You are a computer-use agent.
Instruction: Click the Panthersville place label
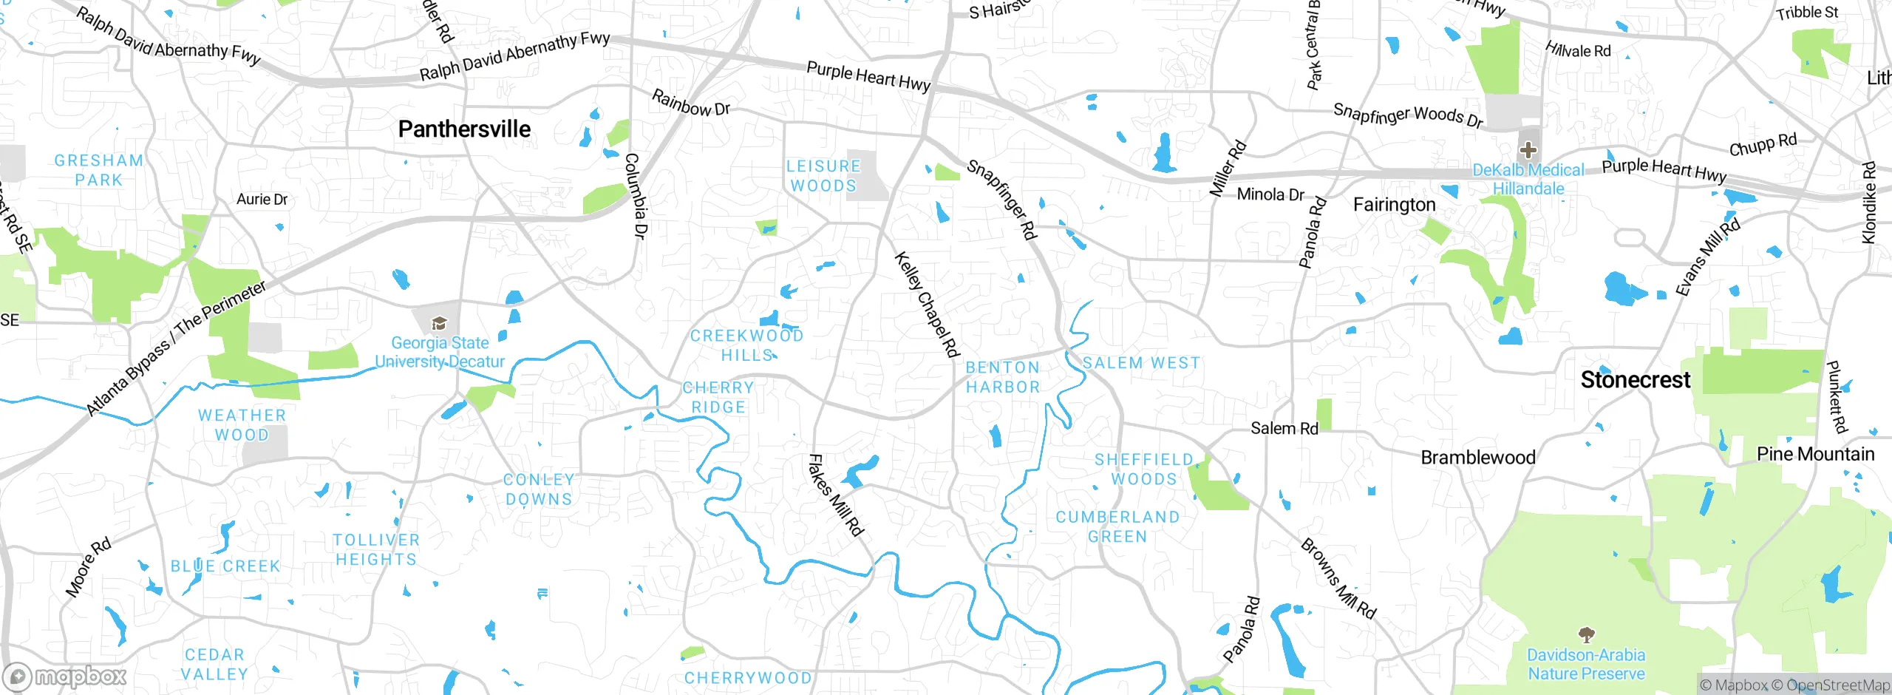[x=464, y=129]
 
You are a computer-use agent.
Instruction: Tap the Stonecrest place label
[x=1635, y=380]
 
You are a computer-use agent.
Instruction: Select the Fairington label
[x=1394, y=205]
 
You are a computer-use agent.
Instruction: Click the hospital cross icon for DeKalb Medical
[x=1528, y=151]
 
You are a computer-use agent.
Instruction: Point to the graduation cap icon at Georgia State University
[x=439, y=323]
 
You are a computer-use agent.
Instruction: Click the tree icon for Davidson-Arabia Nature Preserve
[x=1586, y=634]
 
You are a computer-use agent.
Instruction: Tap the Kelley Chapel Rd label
[x=927, y=305]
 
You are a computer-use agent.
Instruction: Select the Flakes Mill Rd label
[x=835, y=495]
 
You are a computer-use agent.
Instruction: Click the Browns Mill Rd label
[x=1338, y=578]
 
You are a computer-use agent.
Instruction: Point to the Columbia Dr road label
[x=636, y=196]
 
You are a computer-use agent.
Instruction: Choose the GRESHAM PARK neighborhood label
[x=98, y=170]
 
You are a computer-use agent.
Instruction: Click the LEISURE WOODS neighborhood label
[x=823, y=176]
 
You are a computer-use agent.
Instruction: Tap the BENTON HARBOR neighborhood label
[x=1002, y=377]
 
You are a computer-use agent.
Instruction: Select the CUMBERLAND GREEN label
[x=1117, y=526]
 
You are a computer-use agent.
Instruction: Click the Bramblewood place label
[x=1477, y=458]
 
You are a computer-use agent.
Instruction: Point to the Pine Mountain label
[x=1815, y=454]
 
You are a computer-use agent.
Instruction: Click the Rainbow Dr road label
[x=690, y=104]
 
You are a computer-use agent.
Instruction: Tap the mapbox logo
[x=65, y=677]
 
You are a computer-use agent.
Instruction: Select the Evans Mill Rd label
[x=1706, y=257]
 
